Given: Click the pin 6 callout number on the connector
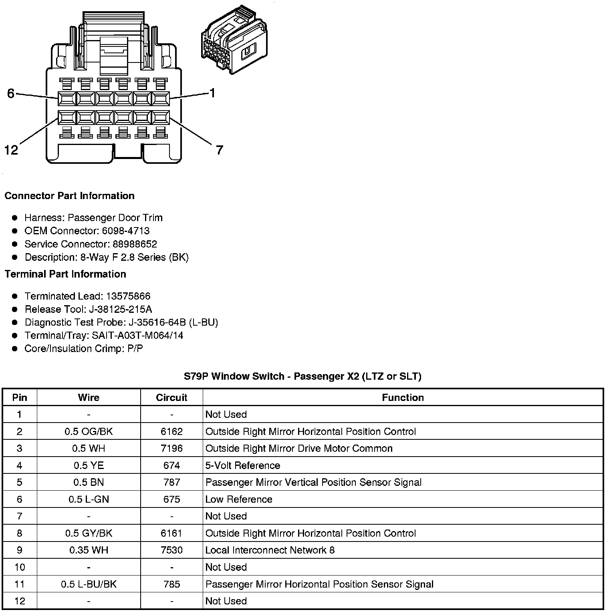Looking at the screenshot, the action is (x=11, y=93).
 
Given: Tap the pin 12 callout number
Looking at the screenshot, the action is (x=11, y=150).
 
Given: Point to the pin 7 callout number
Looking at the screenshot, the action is (x=219, y=150).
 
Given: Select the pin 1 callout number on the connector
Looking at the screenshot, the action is (x=212, y=93).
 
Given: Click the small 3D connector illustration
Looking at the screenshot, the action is (x=234, y=40).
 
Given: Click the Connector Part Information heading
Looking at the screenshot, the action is (x=69, y=196).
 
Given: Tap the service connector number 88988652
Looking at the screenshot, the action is (x=135, y=244).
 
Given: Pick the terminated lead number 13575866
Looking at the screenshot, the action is (x=128, y=296).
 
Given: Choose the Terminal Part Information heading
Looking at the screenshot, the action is (x=65, y=274).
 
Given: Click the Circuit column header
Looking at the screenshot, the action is (x=171, y=398).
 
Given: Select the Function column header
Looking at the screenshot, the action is (x=403, y=398).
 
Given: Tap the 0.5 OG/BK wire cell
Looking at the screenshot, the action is (x=89, y=432).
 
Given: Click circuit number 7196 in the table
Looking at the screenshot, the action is (x=171, y=449).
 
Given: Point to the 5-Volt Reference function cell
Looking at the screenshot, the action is (x=243, y=466).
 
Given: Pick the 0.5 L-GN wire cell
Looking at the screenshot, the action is (x=89, y=499).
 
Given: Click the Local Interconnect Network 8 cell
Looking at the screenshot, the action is (x=270, y=550).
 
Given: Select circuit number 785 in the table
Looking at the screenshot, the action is (x=171, y=584).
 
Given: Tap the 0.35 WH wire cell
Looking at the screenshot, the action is (x=89, y=550).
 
